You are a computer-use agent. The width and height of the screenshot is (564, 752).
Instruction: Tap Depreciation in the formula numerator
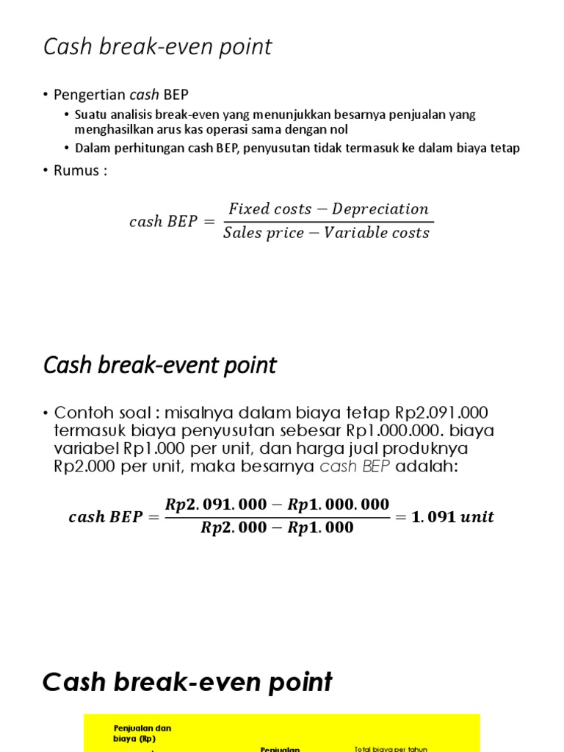coord(380,209)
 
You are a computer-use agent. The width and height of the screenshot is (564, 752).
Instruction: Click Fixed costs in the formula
coord(270,209)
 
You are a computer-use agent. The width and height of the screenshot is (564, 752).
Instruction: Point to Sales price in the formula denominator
coord(261,233)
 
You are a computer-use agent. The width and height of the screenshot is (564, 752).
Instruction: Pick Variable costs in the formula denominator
coord(378,233)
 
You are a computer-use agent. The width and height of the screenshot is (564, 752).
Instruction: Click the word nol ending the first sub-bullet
coord(338,129)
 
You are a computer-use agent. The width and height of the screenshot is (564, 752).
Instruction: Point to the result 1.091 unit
coord(453,517)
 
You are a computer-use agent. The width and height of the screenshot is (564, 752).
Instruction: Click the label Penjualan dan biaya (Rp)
coord(142,734)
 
